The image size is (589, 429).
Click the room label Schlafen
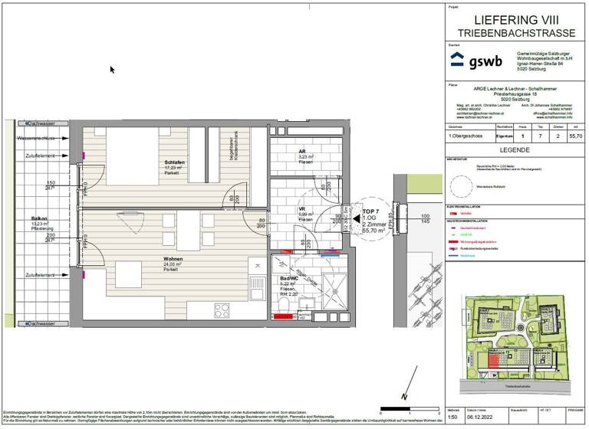click(173, 162)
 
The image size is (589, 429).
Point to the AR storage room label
click(303, 152)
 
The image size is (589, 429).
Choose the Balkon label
click(39, 218)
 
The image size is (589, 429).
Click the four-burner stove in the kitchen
click(222, 309)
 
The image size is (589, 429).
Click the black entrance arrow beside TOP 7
click(357, 218)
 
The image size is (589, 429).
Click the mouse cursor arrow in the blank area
click(112, 70)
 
